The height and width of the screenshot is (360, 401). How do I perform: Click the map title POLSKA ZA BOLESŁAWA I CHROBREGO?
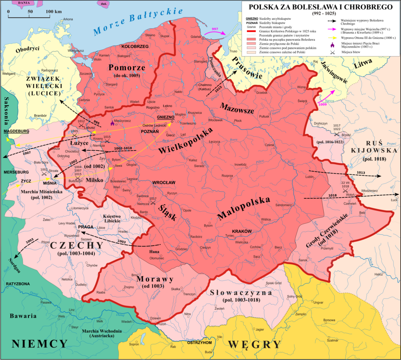320,7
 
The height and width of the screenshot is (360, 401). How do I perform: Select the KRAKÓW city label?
242,231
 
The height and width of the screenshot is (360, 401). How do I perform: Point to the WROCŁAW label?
164,183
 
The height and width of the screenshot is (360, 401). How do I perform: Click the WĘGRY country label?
254,344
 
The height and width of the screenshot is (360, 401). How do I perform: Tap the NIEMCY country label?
39,344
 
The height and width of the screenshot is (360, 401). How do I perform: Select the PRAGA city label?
85,227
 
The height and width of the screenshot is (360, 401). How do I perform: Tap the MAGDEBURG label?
16,131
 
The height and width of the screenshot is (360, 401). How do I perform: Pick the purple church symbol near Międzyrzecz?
112,123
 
